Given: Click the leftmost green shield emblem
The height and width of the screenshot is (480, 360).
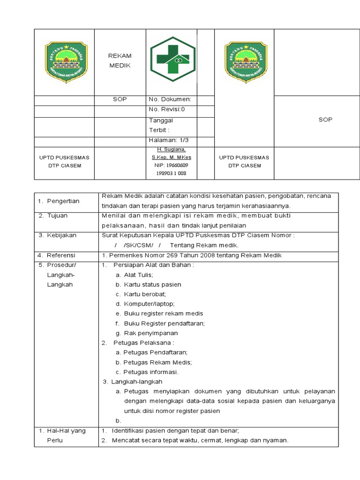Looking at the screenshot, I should coord(66,61).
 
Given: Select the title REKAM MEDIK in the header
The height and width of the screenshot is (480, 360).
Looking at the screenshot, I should coord(120,61).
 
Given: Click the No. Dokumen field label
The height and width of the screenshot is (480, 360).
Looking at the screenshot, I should coord(170,99).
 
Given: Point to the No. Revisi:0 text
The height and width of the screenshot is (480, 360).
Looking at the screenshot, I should coord(167,110).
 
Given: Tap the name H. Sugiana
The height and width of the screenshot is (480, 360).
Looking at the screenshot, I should coord(171,149).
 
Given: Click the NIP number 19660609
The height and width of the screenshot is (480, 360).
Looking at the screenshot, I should coord(171,165).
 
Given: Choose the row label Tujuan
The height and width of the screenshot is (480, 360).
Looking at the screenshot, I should coord(57,216).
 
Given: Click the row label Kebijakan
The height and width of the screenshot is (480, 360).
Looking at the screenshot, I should coord(61,235).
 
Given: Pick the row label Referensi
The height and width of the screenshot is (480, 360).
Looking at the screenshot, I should coord(60,255).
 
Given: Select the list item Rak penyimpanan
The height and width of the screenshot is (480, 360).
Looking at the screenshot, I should coord(150,333).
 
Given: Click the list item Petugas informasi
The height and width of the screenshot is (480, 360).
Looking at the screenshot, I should coord(151,372).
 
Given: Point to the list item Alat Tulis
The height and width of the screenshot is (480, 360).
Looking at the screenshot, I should coord(138,275).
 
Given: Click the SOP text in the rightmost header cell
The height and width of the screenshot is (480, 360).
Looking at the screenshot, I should coord(325,120).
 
